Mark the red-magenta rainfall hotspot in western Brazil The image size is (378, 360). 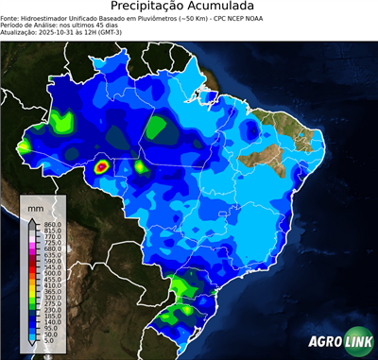click(x=102, y=168)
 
